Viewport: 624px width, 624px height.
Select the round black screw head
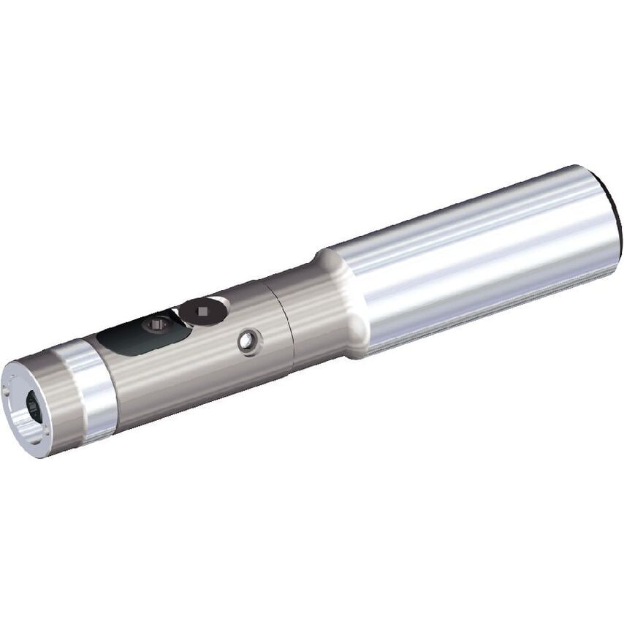202,313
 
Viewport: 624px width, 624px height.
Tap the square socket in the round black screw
202,312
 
